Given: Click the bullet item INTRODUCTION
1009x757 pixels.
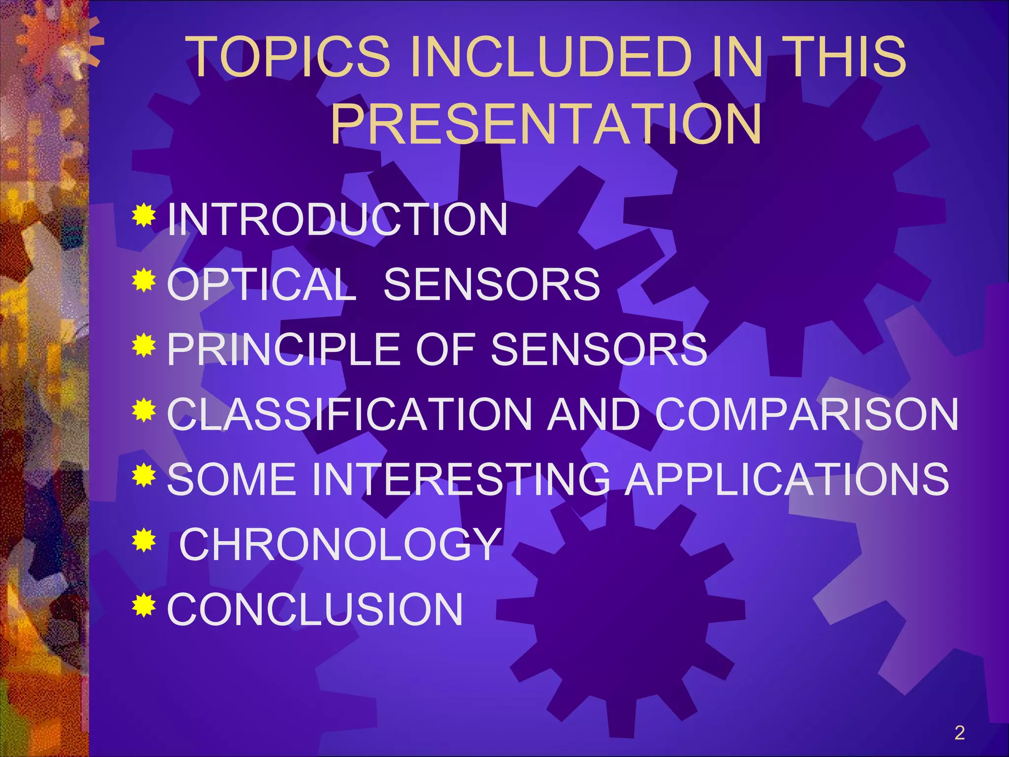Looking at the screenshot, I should [x=337, y=220].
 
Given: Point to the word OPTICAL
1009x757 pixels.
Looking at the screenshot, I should [x=262, y=284].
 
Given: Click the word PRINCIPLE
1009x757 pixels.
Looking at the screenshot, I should [x=283, y=349].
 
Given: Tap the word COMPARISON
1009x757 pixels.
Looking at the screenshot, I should [x=807, y=414].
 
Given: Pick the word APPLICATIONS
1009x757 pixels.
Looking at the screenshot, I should [x=787, y=479].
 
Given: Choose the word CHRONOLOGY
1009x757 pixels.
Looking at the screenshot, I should [x=340, y=544].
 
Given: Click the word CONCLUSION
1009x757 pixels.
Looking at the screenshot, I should [x=315, y=609].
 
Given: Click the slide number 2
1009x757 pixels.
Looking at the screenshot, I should [x=959, y=733].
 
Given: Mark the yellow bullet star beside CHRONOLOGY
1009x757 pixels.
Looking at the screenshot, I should [x=144, y=540].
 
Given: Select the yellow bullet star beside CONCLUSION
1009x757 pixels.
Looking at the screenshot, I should [x=144, y=605].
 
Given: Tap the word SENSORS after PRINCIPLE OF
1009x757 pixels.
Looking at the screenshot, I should [x=599, y=349].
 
